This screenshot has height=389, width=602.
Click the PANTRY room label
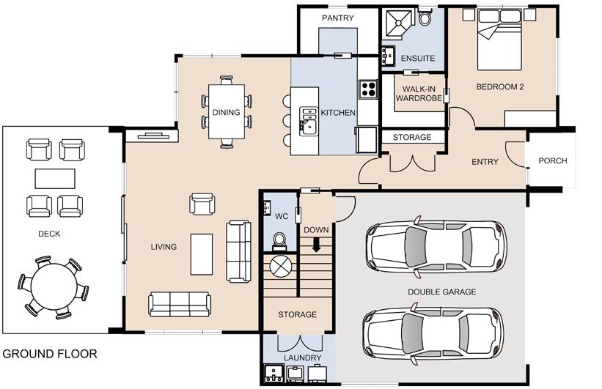click(x=338, y=18)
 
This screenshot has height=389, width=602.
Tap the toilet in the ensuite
click(x=425, y=18)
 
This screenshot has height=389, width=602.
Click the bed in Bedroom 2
click(x=499, y=40)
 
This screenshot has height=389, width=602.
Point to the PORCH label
click(x=552, y=160)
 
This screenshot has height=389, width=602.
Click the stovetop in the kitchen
click(x=368, y=89)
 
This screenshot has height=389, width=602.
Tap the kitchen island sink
click(x=309, y=122)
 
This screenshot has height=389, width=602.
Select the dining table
click(x=227, y=111)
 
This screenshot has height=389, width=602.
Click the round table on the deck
click(x=54, y=286)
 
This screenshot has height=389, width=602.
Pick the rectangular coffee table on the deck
click(x=55, y=179)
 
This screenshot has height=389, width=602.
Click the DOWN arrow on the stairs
click(x=316, y=245)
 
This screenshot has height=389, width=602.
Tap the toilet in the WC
click(x=279, y=241)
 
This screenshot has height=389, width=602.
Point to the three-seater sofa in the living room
click(x=180, y=304)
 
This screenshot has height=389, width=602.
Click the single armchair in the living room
click(x=202, y=204)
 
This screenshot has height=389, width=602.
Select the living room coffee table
click(x=202, y=254)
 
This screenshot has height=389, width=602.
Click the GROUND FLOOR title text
click(x=50, y=354)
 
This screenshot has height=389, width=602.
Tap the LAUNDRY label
click(x=303, y=358)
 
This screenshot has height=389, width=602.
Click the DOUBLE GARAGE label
click(x=442, y=292)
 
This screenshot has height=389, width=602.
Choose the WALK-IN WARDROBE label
click(x=419, y=94)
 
